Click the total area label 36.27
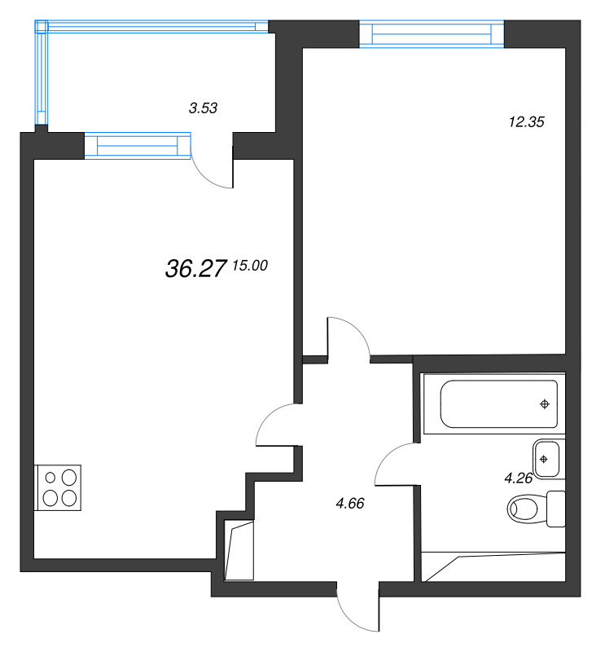click(195, 270)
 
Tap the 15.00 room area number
click(250, 265)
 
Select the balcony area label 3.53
click(203, 107)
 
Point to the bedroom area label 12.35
click(525, 122)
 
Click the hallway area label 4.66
click(349, 503)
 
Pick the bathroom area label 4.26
click(518, 478)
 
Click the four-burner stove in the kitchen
click(59, 487)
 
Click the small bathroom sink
click(546, 458)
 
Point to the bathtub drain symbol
click(545, 404)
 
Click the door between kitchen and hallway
click(275, 424)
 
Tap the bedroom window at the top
click(432, 33)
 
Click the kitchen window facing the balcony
click(137, 145)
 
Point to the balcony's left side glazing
click(41, 73)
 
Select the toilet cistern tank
click(556, 509)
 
